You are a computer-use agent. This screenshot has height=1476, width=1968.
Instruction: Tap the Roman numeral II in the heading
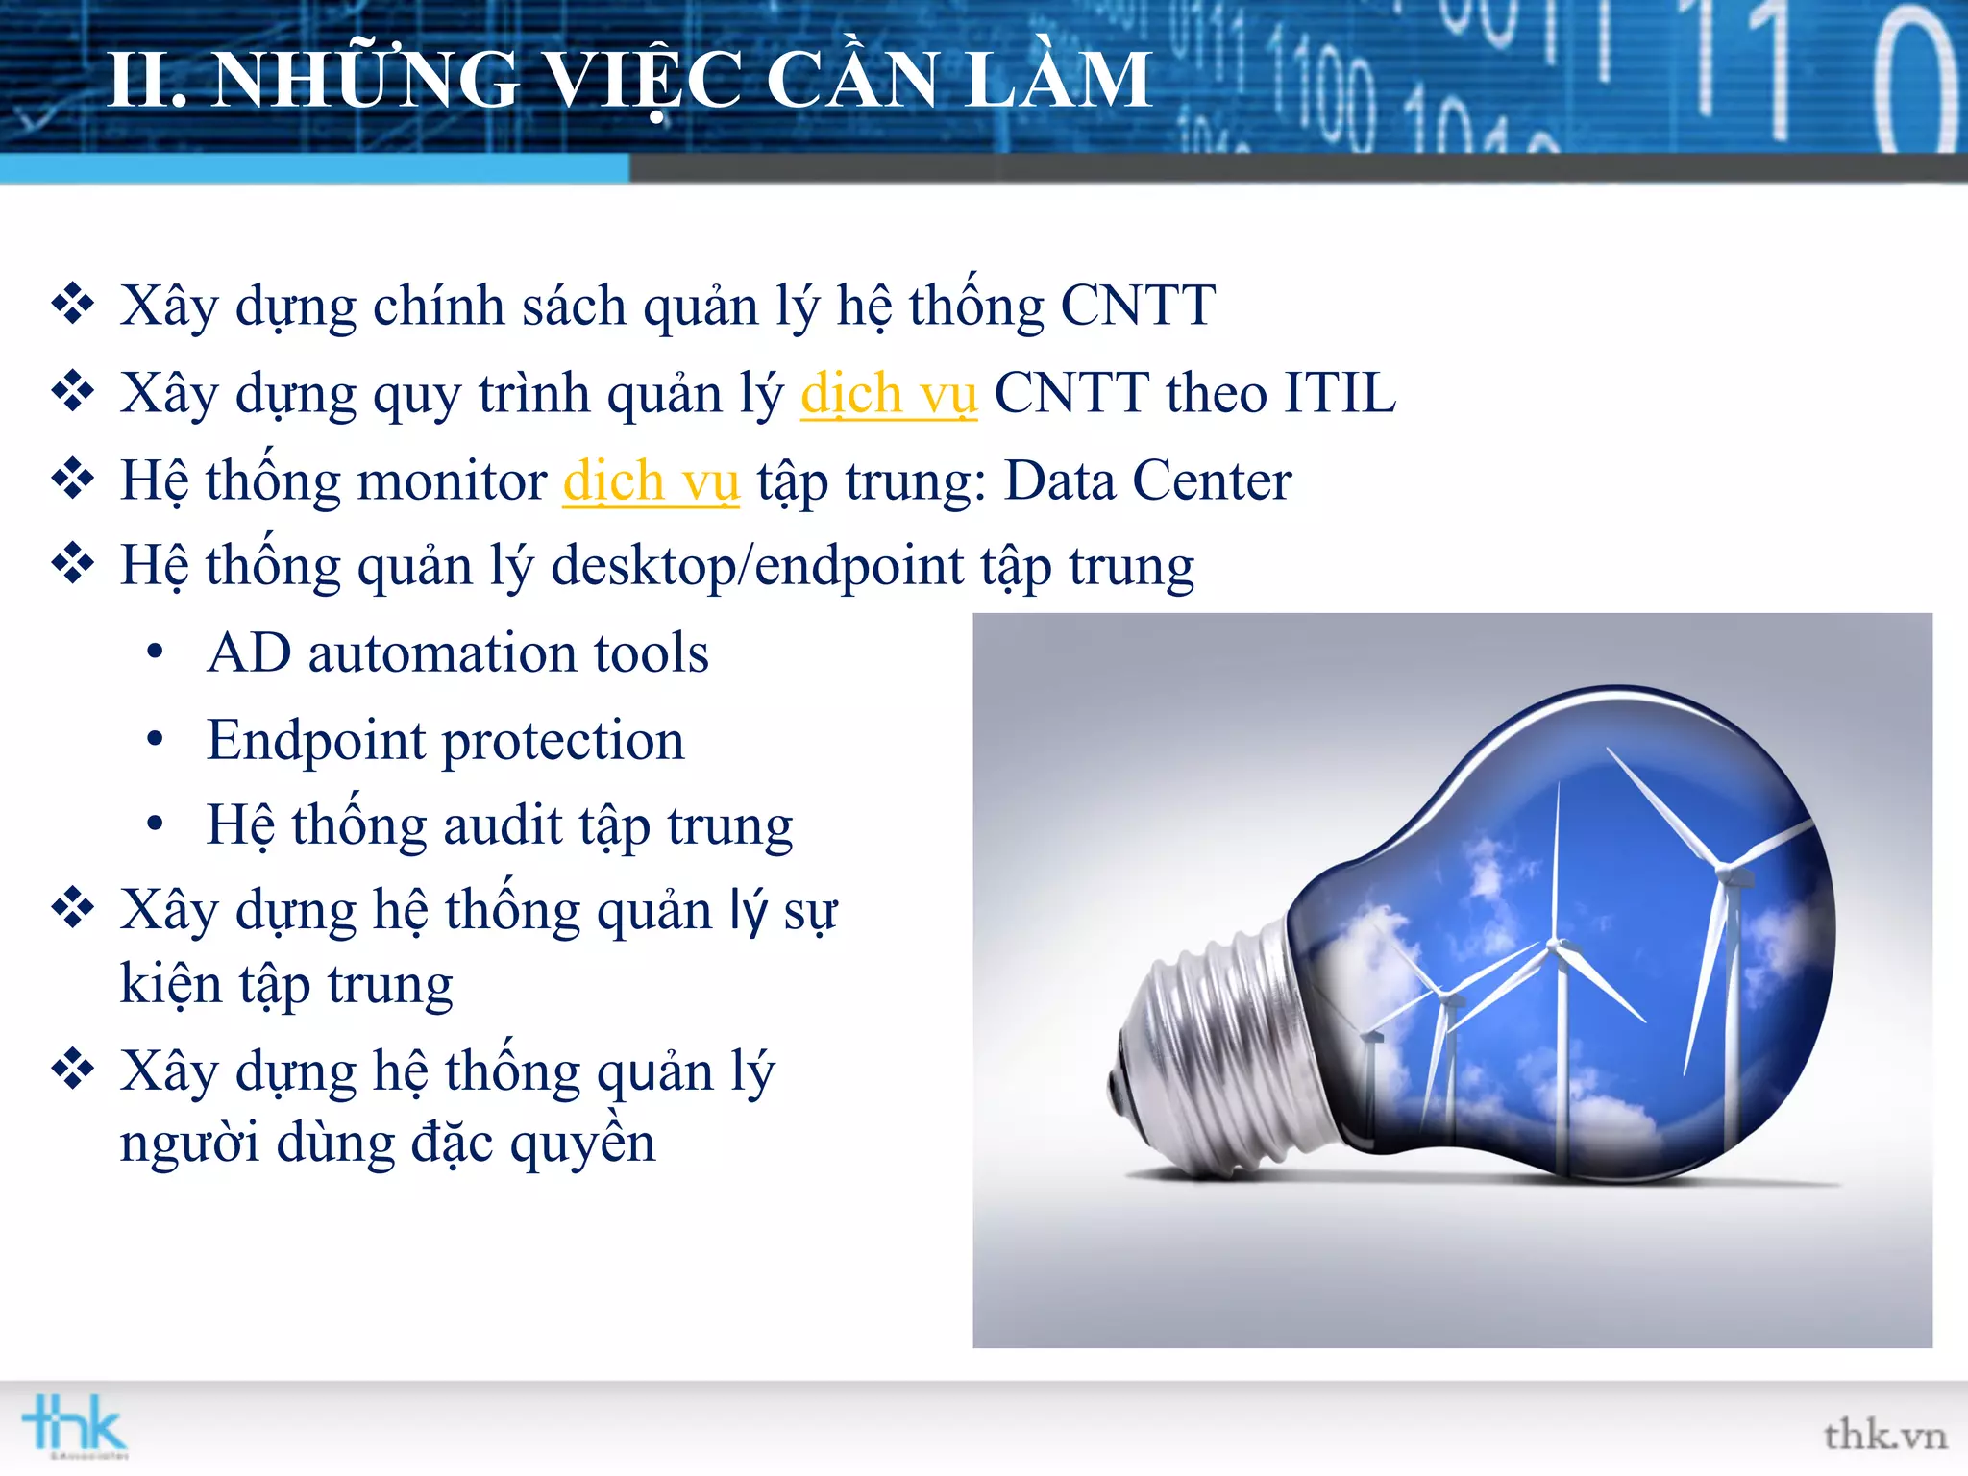coord(145,81)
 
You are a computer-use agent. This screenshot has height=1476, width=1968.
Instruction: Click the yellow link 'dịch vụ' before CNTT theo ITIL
coord(889,394)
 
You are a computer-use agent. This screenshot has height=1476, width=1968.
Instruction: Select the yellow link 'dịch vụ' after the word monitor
coord(651,480)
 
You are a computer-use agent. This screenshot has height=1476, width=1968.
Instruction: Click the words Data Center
coord(1147,480)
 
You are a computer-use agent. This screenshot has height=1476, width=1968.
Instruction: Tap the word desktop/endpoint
coord(757,565)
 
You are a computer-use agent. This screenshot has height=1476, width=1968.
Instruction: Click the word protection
coord(563,741)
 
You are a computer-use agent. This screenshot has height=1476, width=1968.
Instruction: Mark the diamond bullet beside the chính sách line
coord(73,305)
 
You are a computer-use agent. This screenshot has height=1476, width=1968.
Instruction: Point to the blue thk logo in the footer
coord(75,1425)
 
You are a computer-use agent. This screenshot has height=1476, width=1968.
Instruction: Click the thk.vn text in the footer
coord(1884,1436)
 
